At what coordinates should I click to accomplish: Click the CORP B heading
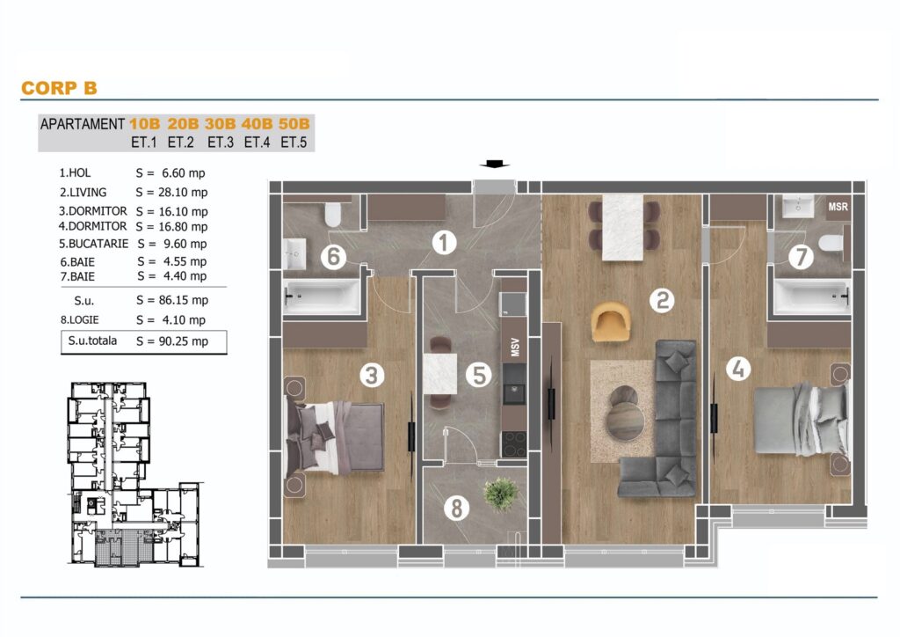click(x=59, y=88)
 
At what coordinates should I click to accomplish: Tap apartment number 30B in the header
click(x=220, y=123)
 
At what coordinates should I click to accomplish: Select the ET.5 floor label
click(x=294, y=142)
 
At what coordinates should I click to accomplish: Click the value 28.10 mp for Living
click(x=183, y=193)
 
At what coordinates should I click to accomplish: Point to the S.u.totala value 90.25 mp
click(x=183, y=341)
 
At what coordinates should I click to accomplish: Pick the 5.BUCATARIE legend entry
click(x=93, y=244)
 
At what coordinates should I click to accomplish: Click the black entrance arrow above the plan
click(x=494, y=165)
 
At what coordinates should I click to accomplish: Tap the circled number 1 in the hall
click(x=444, y=242)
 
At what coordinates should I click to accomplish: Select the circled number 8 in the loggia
click(x=456, y=508)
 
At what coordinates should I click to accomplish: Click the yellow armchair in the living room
click(x=610, y=321)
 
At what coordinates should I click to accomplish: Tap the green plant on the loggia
click(x=500, y=494)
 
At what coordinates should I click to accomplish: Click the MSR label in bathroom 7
click(x=838, y=207)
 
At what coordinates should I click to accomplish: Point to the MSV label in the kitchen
click(x=515, y=347)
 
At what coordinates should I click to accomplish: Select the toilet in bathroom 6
click(x=333, y=213)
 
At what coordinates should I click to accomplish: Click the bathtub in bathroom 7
click(x=811, y=297)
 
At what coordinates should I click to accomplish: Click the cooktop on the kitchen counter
click(x=513, y=443)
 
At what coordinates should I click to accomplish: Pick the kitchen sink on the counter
click(x=513, y=394)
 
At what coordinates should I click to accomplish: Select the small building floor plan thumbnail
click(x=134, y=474)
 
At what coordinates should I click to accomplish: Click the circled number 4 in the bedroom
click(x=738, y=368)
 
